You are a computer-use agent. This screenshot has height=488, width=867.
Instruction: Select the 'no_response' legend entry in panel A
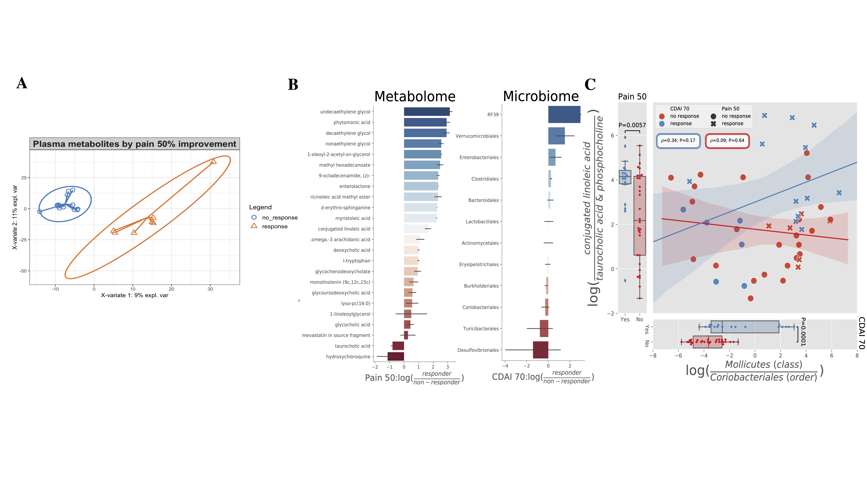click(279, 218)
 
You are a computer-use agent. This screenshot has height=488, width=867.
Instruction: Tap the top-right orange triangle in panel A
click(213, 162)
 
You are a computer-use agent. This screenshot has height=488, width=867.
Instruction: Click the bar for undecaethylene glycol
click(426, 111)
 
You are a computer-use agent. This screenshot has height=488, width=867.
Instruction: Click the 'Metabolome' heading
click(415, 97)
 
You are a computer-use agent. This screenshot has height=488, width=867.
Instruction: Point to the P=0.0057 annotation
click(632, 125)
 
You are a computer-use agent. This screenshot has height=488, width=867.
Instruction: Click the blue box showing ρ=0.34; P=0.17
click(678, 141)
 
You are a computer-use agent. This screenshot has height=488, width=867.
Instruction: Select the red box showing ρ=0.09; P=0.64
click(727, 141)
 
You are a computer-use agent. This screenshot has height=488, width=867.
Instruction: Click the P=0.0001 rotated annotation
click(803, 332)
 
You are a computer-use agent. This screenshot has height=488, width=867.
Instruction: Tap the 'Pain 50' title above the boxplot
click(632, 97)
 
